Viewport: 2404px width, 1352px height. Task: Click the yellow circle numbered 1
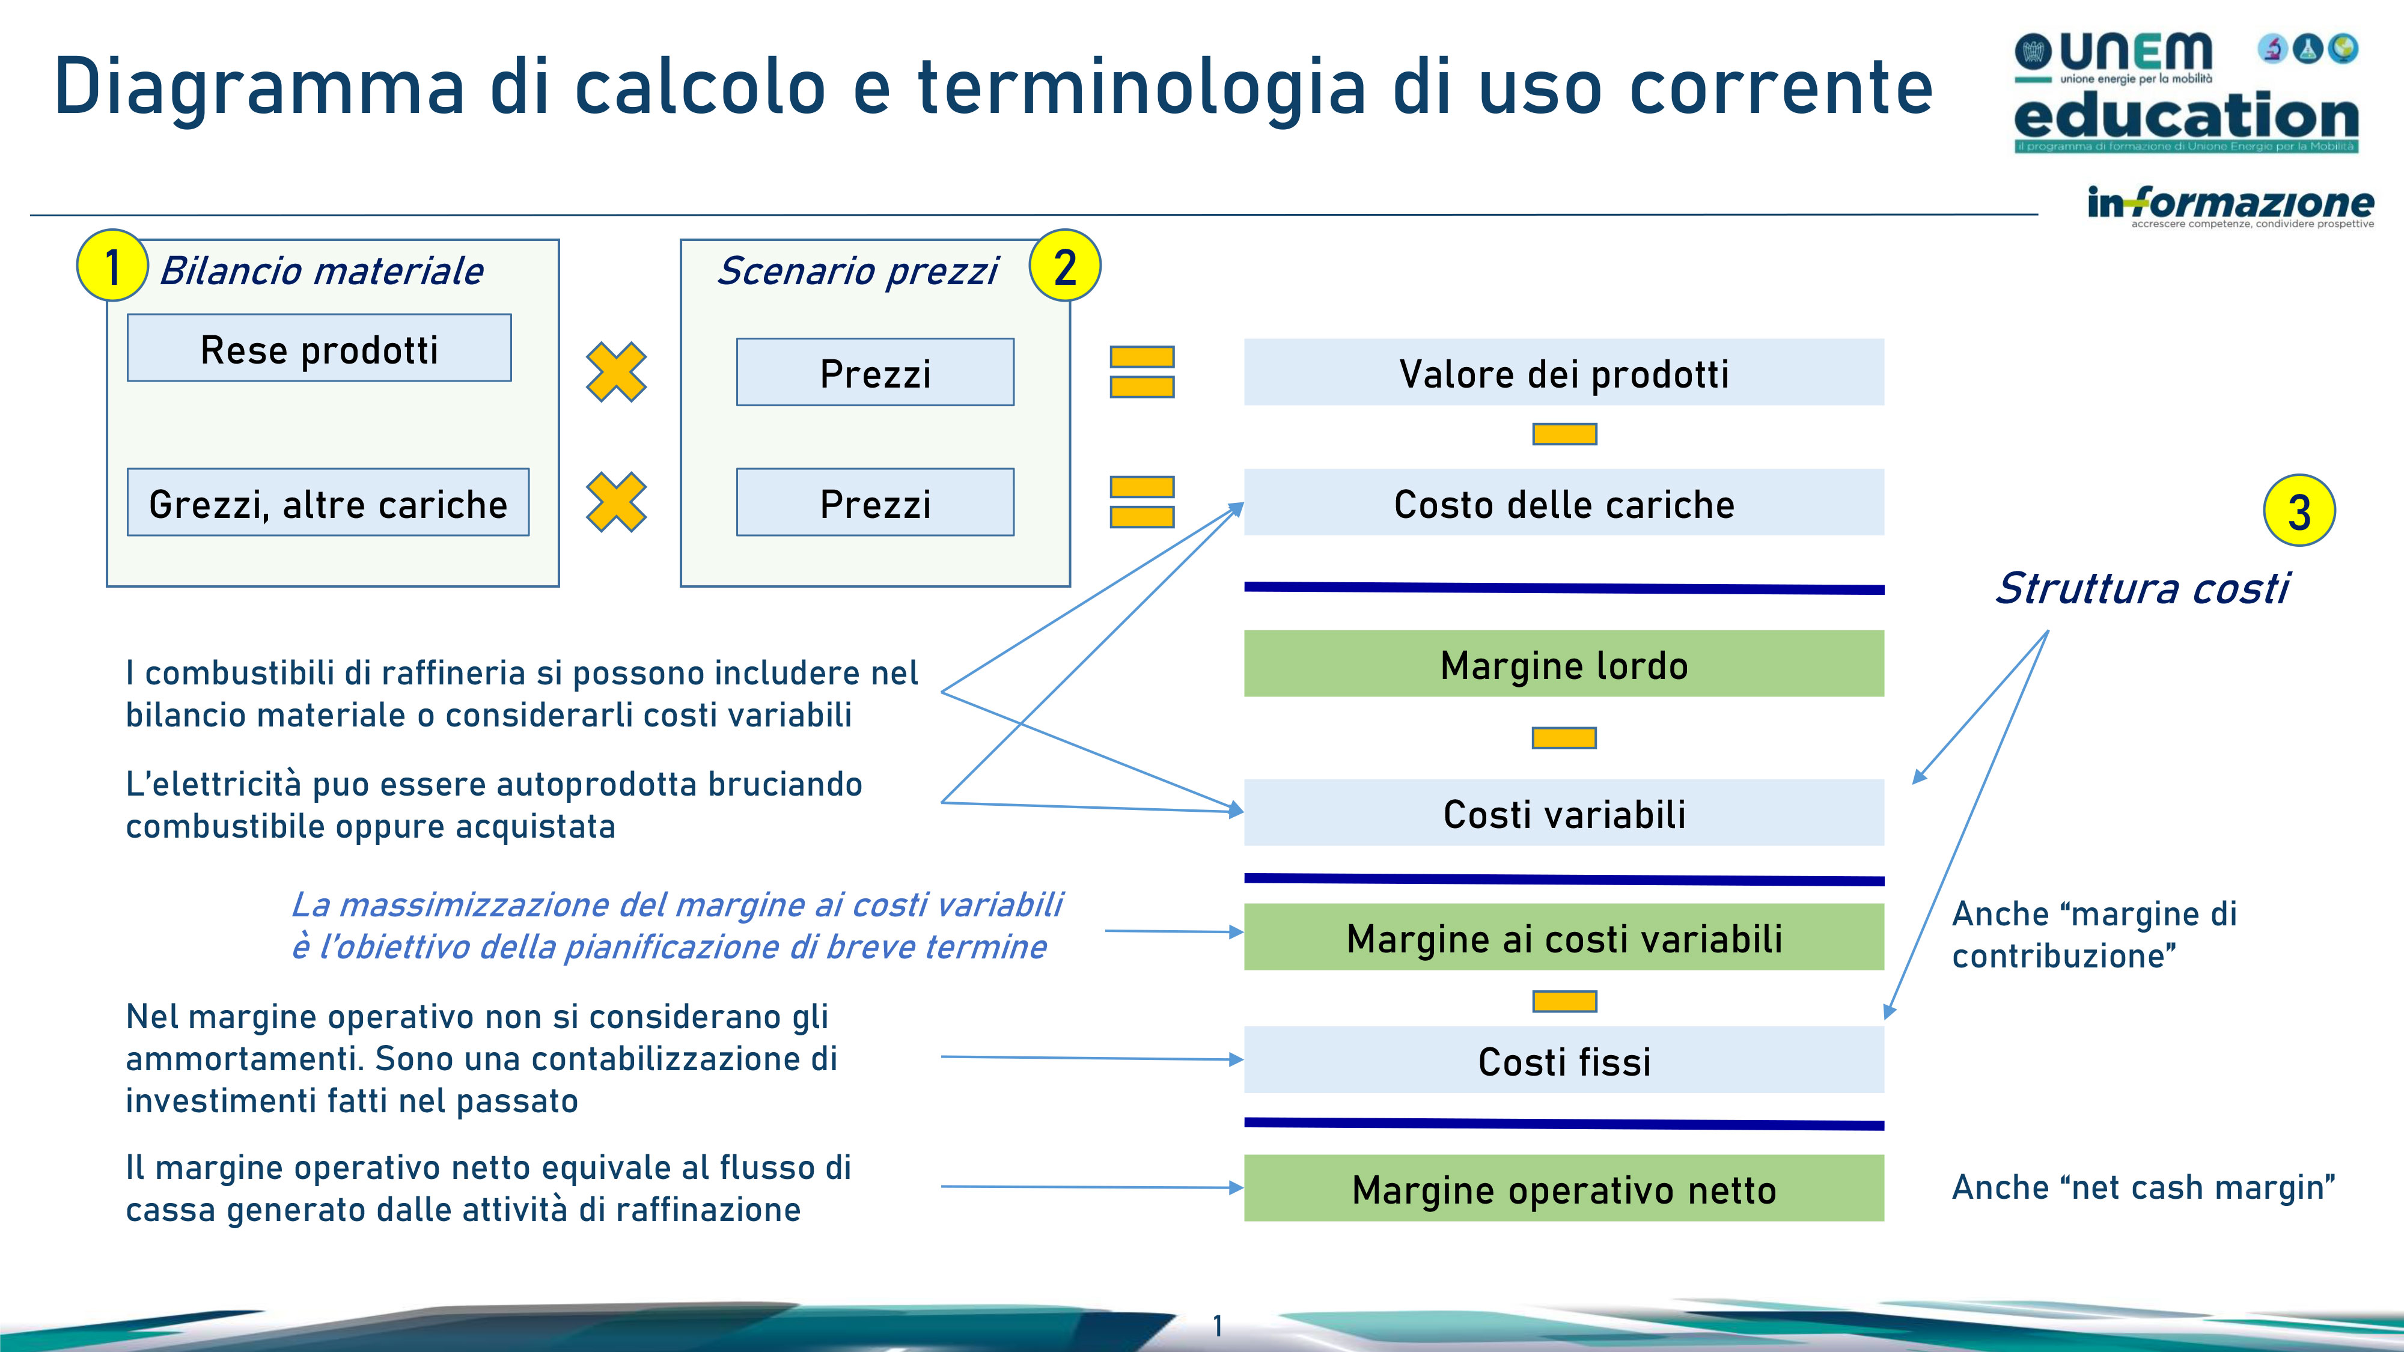click(x=112, y=266)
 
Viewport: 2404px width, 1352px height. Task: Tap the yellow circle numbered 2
click(x=1065, y=266)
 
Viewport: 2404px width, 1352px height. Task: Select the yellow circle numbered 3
click(x=2299, y=510)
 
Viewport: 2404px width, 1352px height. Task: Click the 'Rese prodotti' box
click(x=319, y=348)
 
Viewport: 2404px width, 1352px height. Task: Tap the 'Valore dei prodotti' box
click(x=1564, y=373)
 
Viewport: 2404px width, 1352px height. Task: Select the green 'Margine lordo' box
click(x=1564, y=663)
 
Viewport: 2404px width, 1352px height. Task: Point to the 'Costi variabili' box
click(x=1564, y=812)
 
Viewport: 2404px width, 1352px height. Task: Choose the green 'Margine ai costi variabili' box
click(x=1564, y=937)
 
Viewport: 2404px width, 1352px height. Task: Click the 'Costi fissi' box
click(x=1564, y=1060)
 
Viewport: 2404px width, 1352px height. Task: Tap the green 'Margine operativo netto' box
click(x=1564, y=1188)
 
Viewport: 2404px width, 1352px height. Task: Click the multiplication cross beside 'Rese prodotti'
click(x=616, y=373)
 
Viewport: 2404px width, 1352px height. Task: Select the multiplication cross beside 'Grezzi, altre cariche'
click(x=616, y=502)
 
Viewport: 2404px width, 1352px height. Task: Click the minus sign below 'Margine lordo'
click(x=1564, y=738)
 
